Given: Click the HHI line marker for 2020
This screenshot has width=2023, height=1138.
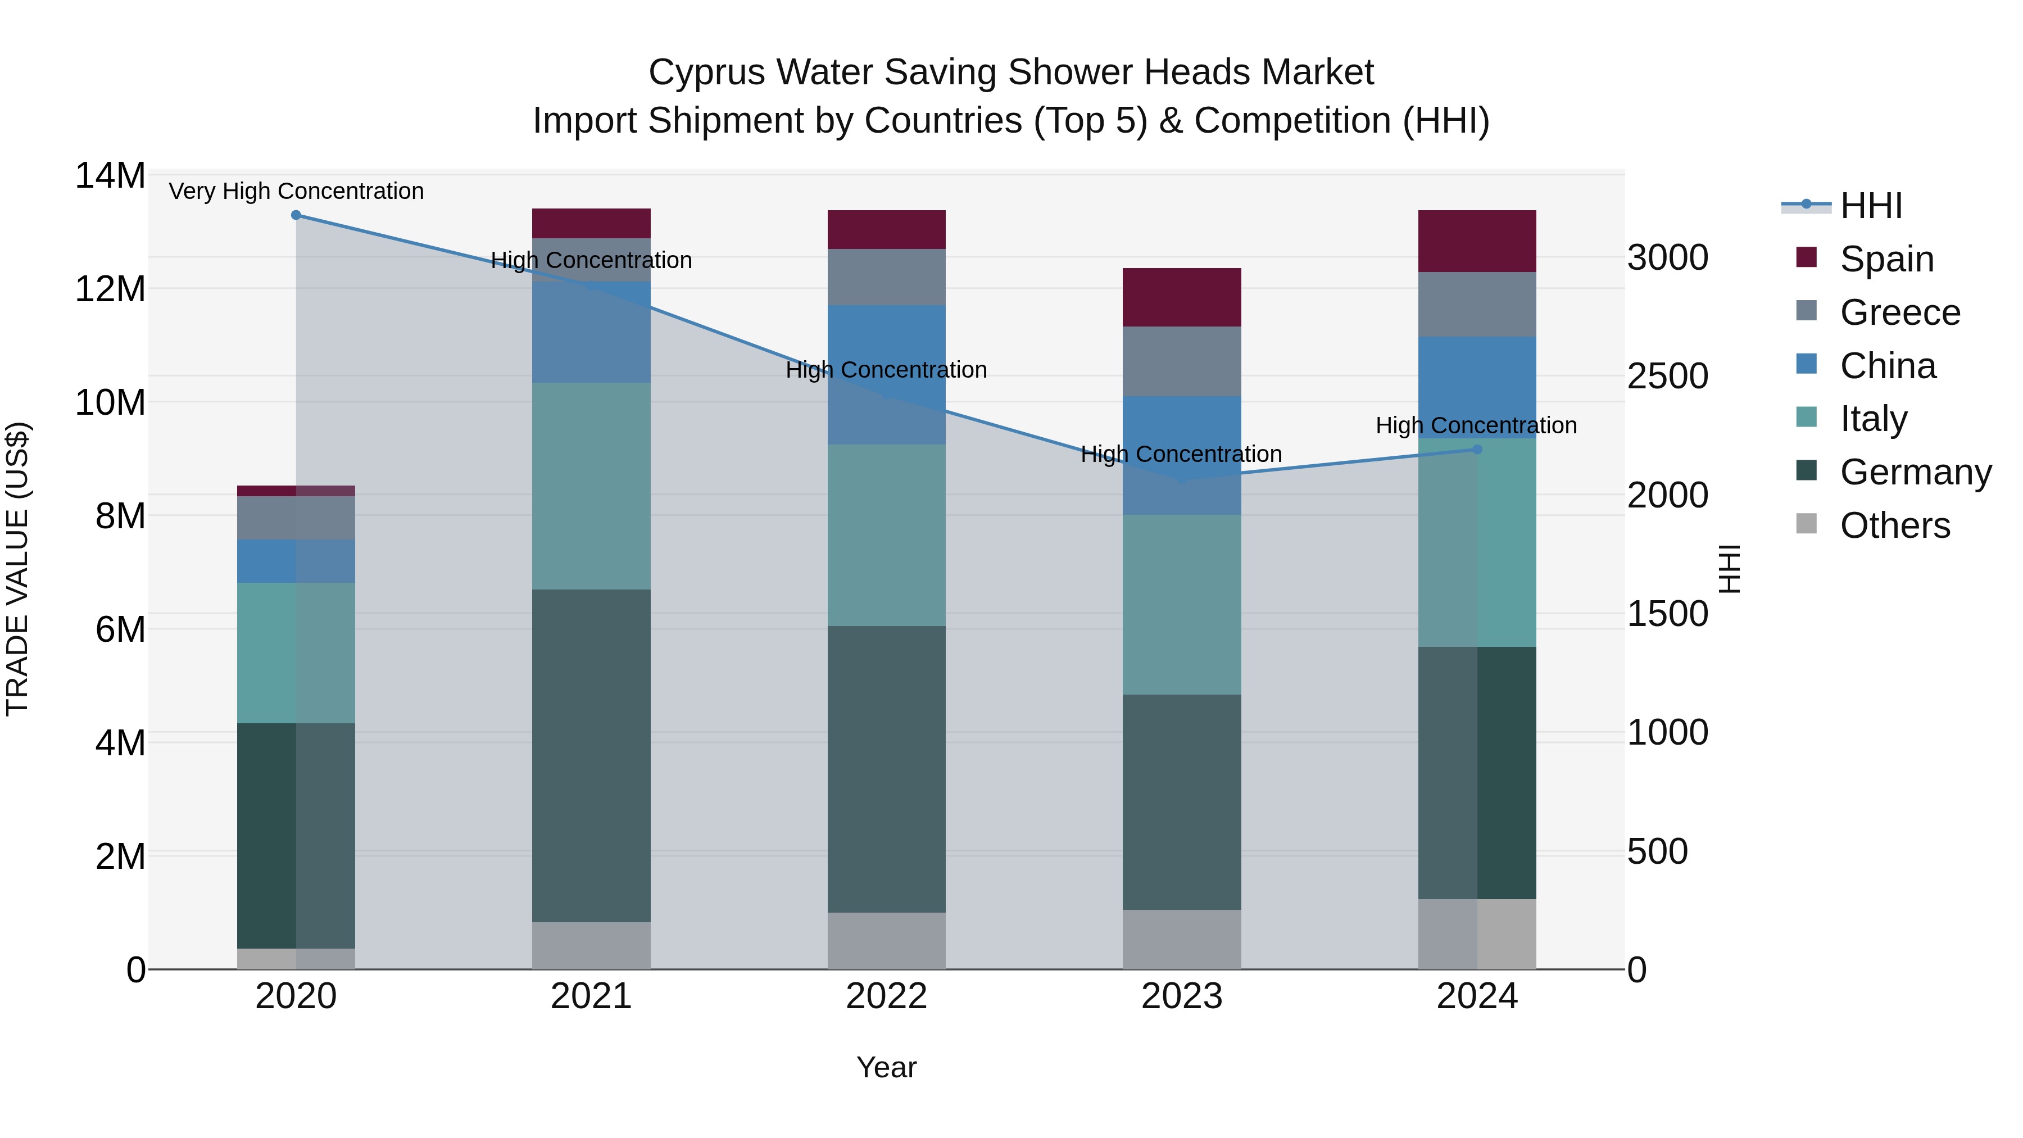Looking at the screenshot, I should (x=296, y=215).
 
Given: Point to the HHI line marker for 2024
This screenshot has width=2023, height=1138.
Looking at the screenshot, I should (x=1476, y=449).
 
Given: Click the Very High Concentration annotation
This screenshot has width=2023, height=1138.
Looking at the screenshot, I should (x=296, y=191).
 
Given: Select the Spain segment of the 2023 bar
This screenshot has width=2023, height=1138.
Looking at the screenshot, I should (x=1181, y=297).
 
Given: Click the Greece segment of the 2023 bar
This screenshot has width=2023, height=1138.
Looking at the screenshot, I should (x=1181, y=361).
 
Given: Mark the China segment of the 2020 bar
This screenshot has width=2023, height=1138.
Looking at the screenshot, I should (x=296, y=561).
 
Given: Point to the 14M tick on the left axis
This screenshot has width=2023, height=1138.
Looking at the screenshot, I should (x=110, y=175).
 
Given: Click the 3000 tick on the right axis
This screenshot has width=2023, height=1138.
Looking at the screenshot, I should (x=1667, y=257).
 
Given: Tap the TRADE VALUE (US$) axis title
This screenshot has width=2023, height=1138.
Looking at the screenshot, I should (x=17, y=569).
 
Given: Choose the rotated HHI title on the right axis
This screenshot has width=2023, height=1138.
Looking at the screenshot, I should (x=1729, y=569).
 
